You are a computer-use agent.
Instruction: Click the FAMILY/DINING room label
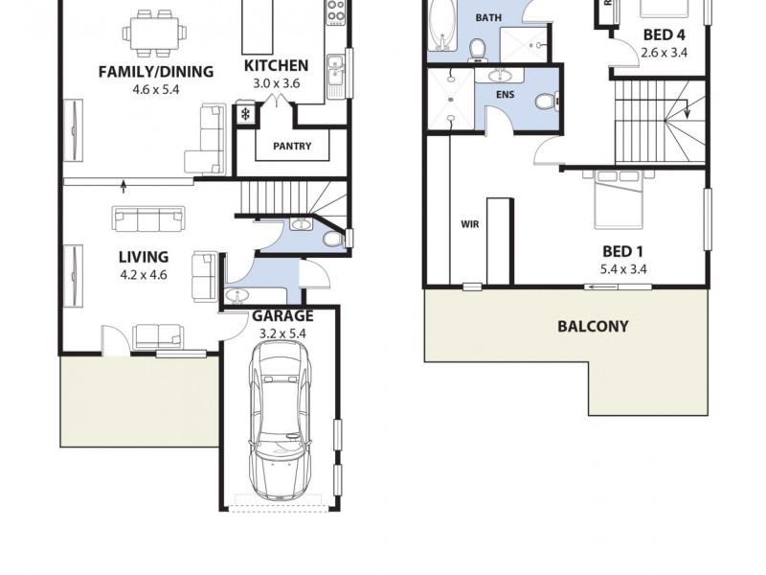tap(156, 71)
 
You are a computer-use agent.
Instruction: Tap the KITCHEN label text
tap(276, 66)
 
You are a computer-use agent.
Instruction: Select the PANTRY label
tap(291, 147)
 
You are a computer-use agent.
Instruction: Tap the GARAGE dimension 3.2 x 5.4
tap(282, 333)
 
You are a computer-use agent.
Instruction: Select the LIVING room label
tap(144, 257)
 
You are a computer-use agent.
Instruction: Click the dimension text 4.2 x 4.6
tap(144, 274)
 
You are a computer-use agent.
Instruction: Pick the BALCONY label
tap(593, 326)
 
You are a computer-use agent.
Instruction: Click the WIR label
tap(469, 224)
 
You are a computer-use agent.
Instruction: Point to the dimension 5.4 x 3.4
tap(623, 269)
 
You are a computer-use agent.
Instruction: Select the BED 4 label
tap(664, 35)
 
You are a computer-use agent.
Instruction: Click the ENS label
tap(506, 96)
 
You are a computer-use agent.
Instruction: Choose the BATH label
tap(488, 17)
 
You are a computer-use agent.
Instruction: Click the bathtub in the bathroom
tap(442, 24)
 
